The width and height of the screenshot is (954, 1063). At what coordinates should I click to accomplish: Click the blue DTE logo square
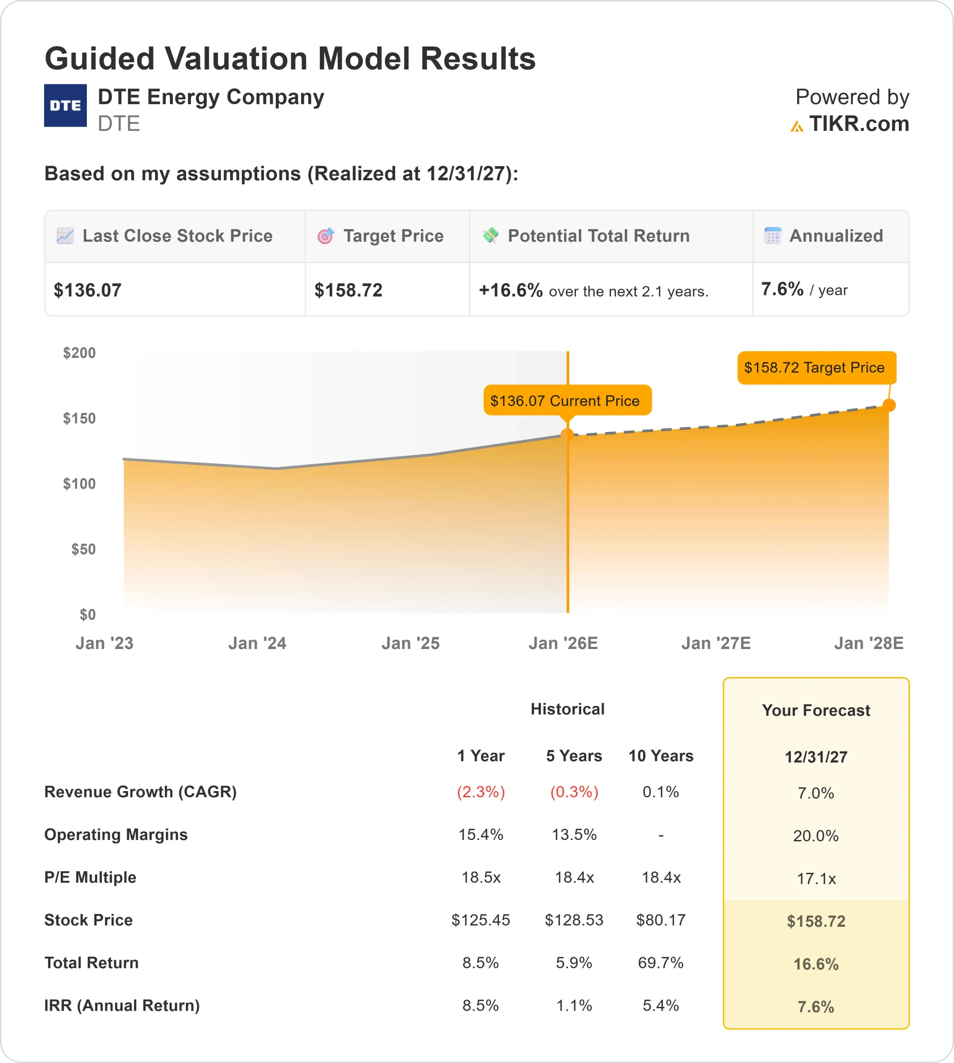(x=66, y=105)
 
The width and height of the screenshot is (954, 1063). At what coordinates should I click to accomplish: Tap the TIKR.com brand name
(x=858, y=124)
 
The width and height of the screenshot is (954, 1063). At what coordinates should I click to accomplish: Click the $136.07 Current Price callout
(x=567, y=400)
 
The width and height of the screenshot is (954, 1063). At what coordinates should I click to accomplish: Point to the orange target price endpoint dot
(x=889, y=405)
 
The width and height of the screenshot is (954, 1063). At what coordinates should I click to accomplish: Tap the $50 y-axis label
(x=84, y=549)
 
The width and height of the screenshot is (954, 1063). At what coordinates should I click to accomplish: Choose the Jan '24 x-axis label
(x=257, y=643)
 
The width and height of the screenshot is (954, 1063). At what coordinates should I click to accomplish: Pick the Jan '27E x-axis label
(x=715, y=643)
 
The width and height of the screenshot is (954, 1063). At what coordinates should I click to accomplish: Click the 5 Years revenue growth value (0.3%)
(x=574, y=791)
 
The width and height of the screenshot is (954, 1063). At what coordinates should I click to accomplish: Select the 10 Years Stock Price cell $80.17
(x=661, y=920)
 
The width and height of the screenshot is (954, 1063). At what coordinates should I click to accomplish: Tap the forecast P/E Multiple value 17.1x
(x=816, y=879)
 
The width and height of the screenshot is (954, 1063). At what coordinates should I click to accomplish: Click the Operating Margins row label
(x=116, y=835)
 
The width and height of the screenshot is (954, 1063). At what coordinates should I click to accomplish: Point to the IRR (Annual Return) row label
(x=122, y=1005)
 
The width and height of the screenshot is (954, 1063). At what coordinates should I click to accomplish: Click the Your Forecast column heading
(x=816, y=710)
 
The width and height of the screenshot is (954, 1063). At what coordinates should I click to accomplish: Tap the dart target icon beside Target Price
(x=325, y=236)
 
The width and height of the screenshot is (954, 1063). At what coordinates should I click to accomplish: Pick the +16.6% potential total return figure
(x=511, y=290)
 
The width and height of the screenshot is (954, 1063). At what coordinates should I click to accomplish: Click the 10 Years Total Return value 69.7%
(x=661, y=963)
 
